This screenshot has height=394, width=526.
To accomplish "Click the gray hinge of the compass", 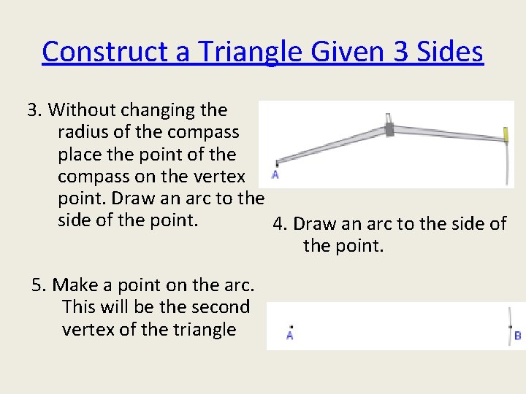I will tap(389, 129).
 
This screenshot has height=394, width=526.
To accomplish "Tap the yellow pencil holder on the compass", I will tap(505, 134).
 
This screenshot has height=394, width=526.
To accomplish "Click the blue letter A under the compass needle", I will tap(275, 175).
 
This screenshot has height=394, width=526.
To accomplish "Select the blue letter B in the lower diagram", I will tap(517, 336).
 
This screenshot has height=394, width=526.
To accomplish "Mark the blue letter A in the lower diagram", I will tap(290, 336).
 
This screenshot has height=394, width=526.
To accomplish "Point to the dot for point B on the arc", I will tap(510, 327).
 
